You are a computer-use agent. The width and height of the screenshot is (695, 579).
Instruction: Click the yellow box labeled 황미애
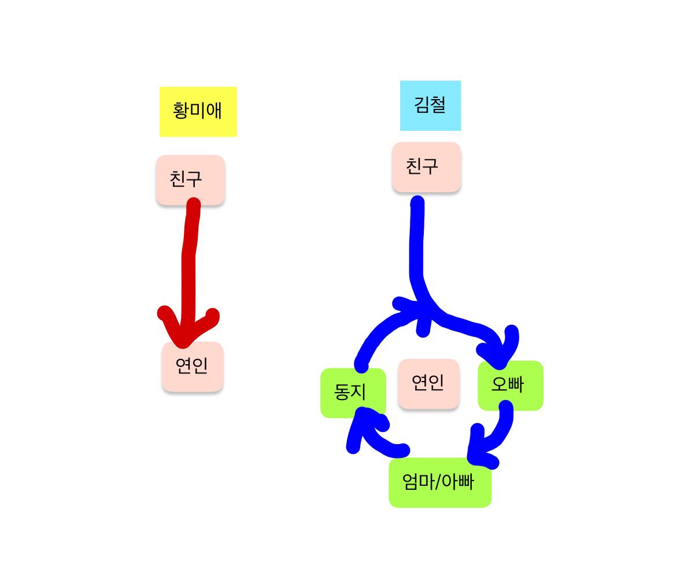[198, 111]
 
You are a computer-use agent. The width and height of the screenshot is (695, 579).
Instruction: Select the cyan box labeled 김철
[430, 105]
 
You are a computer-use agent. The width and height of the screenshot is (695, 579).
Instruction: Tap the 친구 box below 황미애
[190, 179]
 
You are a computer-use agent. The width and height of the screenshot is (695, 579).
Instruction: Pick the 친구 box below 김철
[426, 167]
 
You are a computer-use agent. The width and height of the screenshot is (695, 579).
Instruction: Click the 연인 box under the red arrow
[193, 366]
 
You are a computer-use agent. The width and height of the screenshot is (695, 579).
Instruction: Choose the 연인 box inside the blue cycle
[428, 383]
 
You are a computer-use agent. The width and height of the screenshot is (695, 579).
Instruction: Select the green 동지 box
[353, 393]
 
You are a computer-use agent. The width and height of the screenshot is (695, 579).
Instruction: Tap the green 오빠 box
[510, 386]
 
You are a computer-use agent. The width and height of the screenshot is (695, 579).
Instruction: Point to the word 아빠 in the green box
[458, 482]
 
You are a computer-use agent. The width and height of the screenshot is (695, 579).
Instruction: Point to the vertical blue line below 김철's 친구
[416, 243]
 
